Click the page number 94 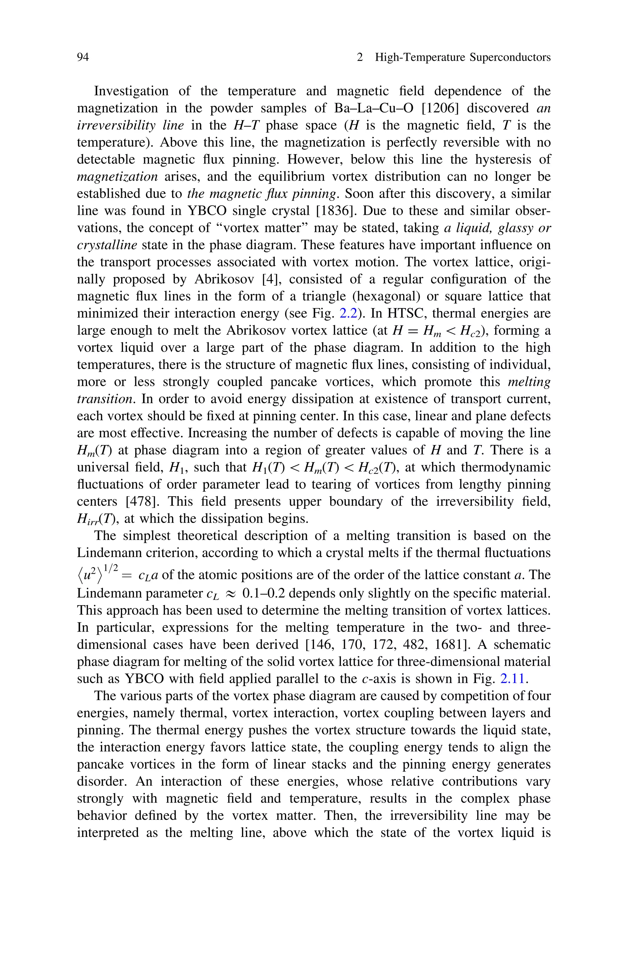[82, 58]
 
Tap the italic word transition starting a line [104, 399]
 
